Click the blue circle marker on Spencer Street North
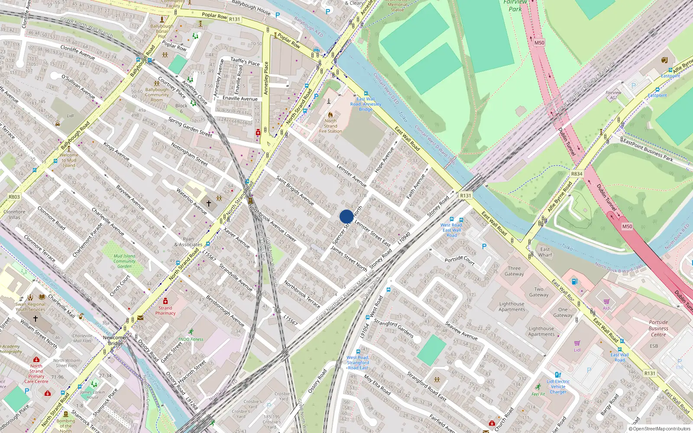(x=346, y=216)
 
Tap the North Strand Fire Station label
(x=330, y=126)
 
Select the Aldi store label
(x=606, y=308)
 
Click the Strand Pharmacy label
(x=165, y=310)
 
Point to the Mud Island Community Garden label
(x=124, y=261)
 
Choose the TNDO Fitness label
(x=191, y=339)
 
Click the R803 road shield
(x=14, y=197)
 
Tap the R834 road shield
(x=576, y=174)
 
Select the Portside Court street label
(x=460, y=260)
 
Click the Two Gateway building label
(x=539, y=292)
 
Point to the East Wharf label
(x=545, y=252)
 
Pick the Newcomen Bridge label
(x=115, y=340)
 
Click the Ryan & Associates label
(x=188, y=242)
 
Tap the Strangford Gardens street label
(x=393, y=329)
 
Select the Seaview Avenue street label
(x=461, y=331)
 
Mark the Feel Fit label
(x=538, y=394)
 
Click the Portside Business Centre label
(x=658, y=328)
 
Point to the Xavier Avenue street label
(x=236, y=238)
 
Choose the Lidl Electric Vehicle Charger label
(x=558, y=387)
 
